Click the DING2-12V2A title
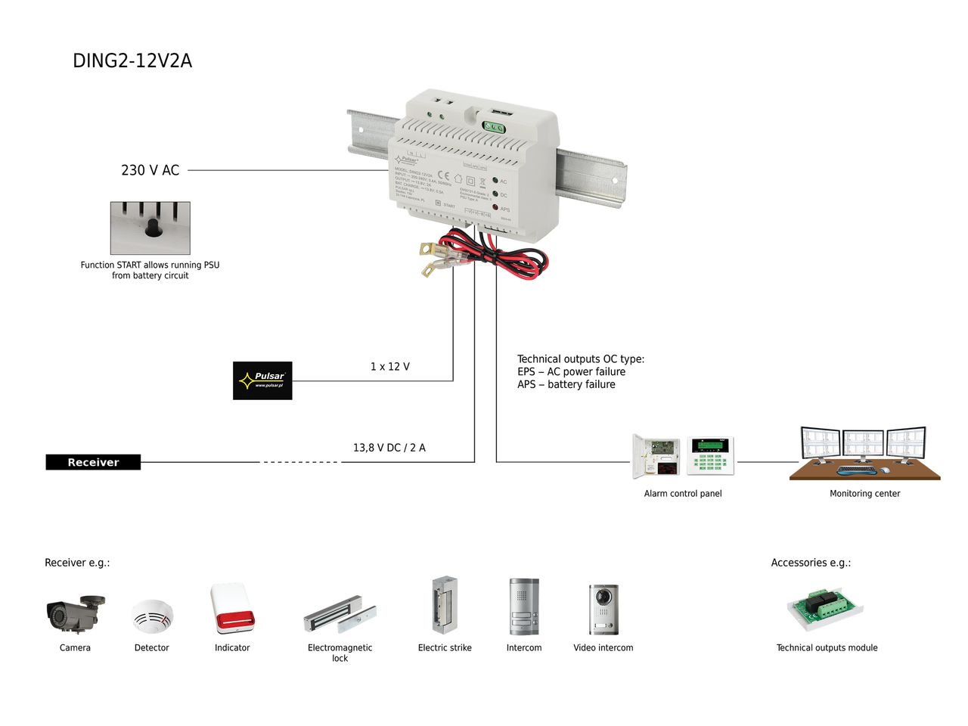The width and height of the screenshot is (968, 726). pyautogui.click(x=132, y=61)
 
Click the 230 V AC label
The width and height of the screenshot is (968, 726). pyautogui.click(x=150, y=170)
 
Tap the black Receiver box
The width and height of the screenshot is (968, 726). pyautogui.click(x=93, y=462)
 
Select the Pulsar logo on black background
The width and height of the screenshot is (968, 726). pyautogui.click(x=262, y=380)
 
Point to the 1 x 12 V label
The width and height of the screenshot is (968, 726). pyautogui.click(x=389, y=367)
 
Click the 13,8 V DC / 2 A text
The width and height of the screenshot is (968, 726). pyautogui.click(x=389, y=448)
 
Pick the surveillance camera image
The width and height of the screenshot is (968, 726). pyautogui.click(x=75, y=613)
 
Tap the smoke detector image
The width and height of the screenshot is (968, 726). pyautogui.click(x=152, y=616)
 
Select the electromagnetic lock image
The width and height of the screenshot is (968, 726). pyautogui.click(x=340, y=616)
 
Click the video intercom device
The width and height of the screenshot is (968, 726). pyautogui.click(x=603, y=610)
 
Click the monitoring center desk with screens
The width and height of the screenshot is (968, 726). pyautogui.click(x=864, y=453)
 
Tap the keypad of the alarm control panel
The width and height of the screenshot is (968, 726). pyautogui.click(x=710, y=456)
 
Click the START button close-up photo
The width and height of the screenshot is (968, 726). pyautogui.click(x=150, y=228)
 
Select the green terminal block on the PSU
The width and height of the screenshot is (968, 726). pyautogui.click(x=495, y=128)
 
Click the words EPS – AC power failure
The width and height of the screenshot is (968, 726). pyautogui.click(x=571, y=372)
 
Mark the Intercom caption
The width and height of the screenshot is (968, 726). pyautogui.click(x=524, y=648)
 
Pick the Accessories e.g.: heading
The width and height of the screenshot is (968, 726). pyautogui.click(x=811, y=563)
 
